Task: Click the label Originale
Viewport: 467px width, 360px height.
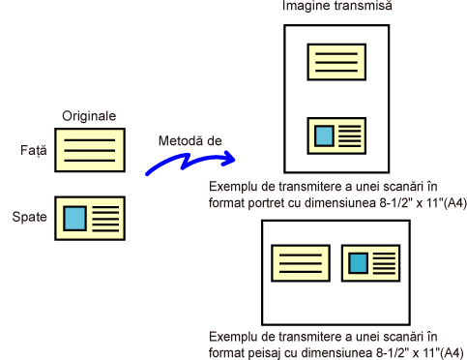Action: pos(89,116)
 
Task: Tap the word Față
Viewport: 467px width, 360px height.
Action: pos(34,151)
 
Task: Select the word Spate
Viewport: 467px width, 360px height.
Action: pos(29,217)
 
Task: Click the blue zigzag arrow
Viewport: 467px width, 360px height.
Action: pos(190,163)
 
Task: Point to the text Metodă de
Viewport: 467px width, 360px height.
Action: pos(190,140)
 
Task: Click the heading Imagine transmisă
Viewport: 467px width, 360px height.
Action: pos(337,6)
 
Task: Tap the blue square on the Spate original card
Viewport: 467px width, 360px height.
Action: pos(74,218)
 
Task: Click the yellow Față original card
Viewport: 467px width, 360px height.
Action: pos(90,150)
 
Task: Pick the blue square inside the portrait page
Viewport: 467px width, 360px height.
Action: pos(324,135)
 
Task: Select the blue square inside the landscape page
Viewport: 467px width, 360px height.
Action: pos(359,263)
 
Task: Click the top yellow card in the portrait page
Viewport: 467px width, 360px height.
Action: pos(336,62)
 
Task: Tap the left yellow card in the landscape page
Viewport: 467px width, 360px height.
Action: pos(301,263)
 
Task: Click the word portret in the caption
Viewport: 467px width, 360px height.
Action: pos(266,203)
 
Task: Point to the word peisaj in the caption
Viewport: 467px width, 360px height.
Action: pos(265,353)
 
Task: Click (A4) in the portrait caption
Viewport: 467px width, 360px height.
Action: pos(455,203)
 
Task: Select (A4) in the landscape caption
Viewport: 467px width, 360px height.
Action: pos(452,353)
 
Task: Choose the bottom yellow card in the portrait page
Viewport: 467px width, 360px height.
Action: pos(336,135)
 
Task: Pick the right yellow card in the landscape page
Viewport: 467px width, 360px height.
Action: pos(370,263)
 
